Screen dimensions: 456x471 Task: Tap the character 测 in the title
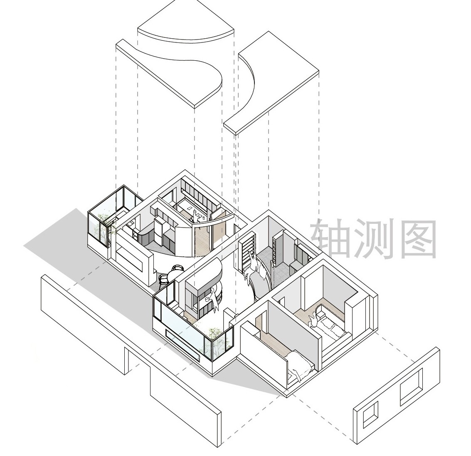pyautogui.click(x=374, y=238)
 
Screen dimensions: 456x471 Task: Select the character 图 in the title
pyautogui.click(x=417, y=238)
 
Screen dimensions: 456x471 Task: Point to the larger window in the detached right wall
pyautogui.click(x=411, y=387)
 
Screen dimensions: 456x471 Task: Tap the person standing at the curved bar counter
pyautogui.click(x=213, y=299)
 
